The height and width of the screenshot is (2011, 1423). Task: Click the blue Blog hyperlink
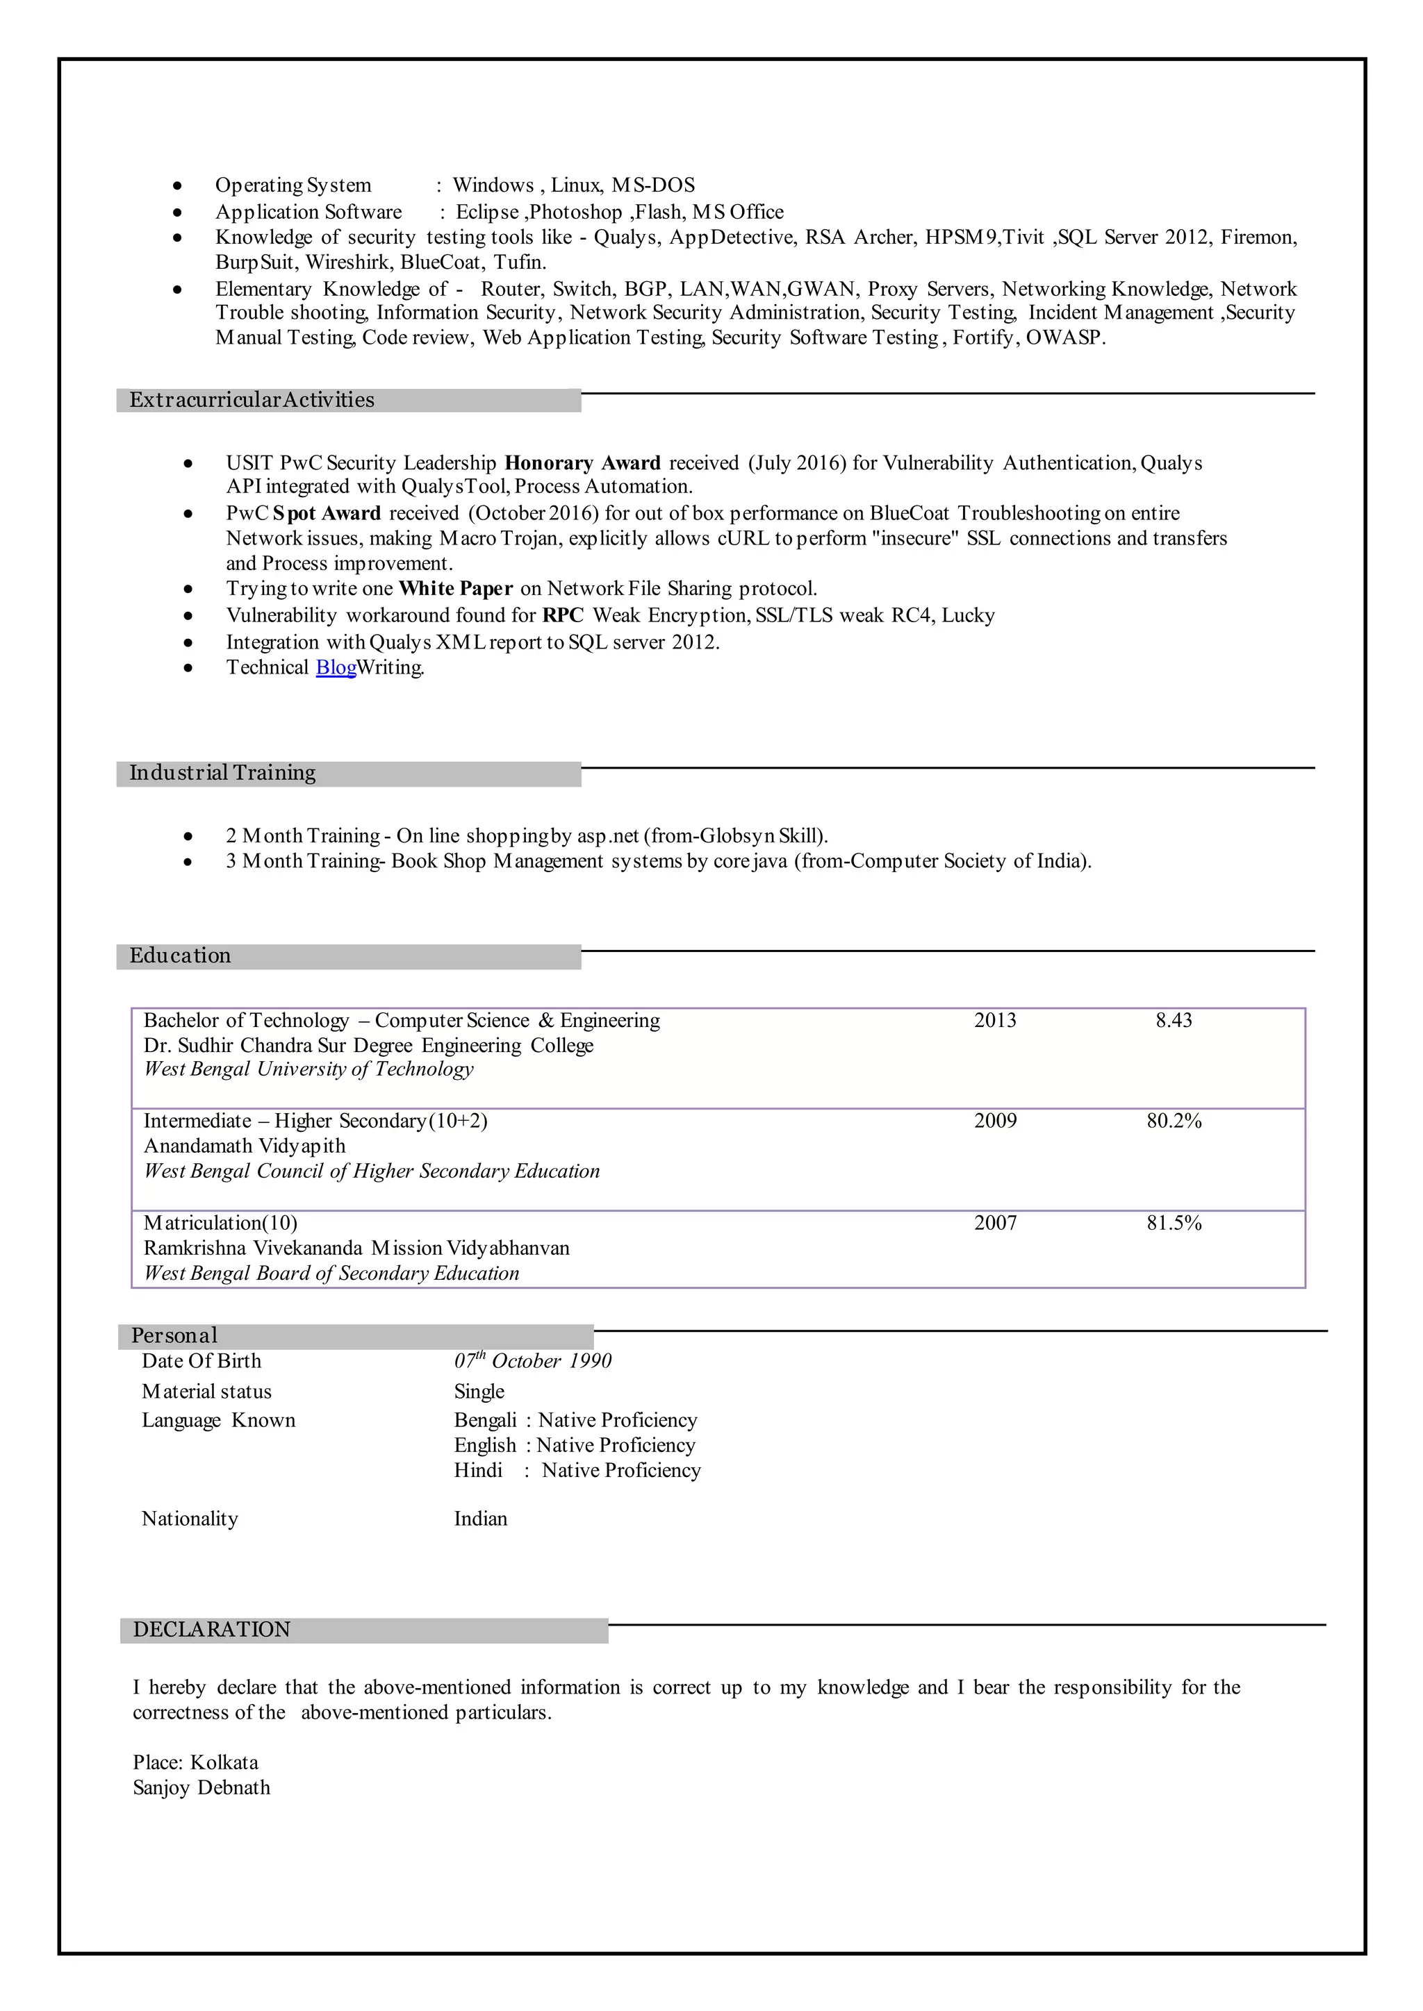[336, 667]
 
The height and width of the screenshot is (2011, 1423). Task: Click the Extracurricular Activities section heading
[252, 400]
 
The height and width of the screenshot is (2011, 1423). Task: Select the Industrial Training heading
[222, 772]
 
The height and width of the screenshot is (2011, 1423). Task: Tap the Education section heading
[181, 956]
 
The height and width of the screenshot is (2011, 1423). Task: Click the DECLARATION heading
[211, 1629]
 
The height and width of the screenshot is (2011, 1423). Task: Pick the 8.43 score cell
[1174, 1020]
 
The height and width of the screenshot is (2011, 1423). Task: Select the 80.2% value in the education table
[1174, 1121]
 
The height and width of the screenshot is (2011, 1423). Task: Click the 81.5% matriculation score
[1174, 1224]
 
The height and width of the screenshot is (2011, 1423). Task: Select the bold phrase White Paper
[455, 589]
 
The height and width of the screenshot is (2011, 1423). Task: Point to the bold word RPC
[563, 616]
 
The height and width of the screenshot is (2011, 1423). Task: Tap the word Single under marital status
[479, 1392]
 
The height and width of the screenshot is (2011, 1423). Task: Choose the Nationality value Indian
[480, 1519]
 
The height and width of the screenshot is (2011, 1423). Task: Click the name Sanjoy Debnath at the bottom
[201, 1787]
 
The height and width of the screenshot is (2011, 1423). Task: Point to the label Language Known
[218, 1421]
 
